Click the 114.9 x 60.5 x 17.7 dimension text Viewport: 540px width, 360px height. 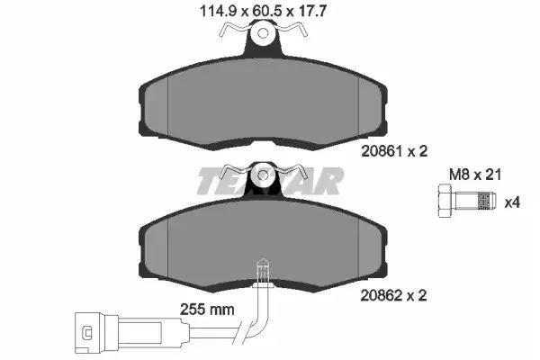pyautogui.click(x=263, y=12)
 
